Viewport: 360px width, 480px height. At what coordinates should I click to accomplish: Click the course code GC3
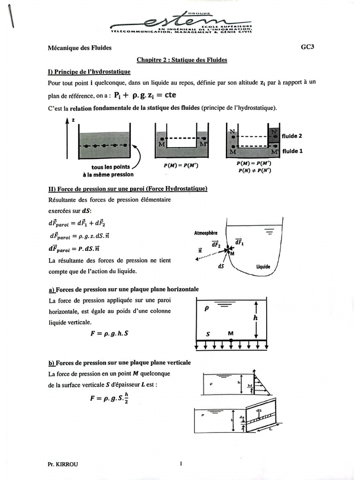(x=307, y=47)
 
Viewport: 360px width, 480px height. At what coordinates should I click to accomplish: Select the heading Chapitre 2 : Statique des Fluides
(x=181, y=60)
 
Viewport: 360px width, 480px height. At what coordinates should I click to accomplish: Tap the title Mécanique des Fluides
(x=80, y=48)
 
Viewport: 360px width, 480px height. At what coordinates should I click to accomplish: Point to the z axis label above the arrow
(x=73, y=120)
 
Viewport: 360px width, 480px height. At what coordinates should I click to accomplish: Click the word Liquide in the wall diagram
(x=263, y=267)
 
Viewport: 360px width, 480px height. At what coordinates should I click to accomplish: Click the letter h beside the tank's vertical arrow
(x=256, y=317)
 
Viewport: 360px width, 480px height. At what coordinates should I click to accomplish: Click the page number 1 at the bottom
(x=180, y=464)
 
